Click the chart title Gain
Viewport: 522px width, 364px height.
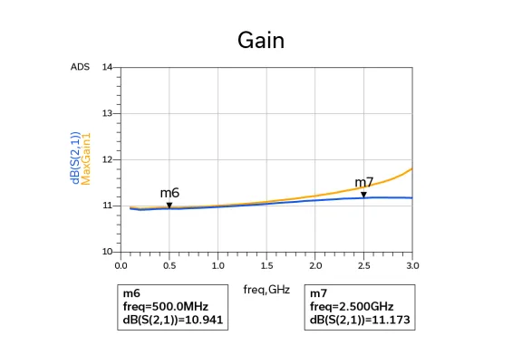pos(261,41)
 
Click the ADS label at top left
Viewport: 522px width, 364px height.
pos(80,68)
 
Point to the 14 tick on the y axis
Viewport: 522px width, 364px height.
pos(108,68)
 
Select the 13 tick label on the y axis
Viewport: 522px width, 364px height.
pos(108,114)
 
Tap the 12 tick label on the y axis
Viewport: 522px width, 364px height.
pos(108,160)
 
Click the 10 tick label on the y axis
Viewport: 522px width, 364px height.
pos(108,252)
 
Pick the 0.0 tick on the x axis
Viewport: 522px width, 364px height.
pos(121,266)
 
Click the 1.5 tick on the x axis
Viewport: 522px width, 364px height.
pos(267,266)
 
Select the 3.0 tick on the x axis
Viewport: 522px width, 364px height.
pos(412,266)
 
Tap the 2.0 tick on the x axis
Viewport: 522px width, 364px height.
pos(315,266)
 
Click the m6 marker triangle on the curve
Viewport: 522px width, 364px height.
pos(169,206)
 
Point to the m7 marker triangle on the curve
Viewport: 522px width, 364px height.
pos(363,195)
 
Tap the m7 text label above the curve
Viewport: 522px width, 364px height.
pos(363,182)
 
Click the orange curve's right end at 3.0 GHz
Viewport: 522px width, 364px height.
pos(412,168)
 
